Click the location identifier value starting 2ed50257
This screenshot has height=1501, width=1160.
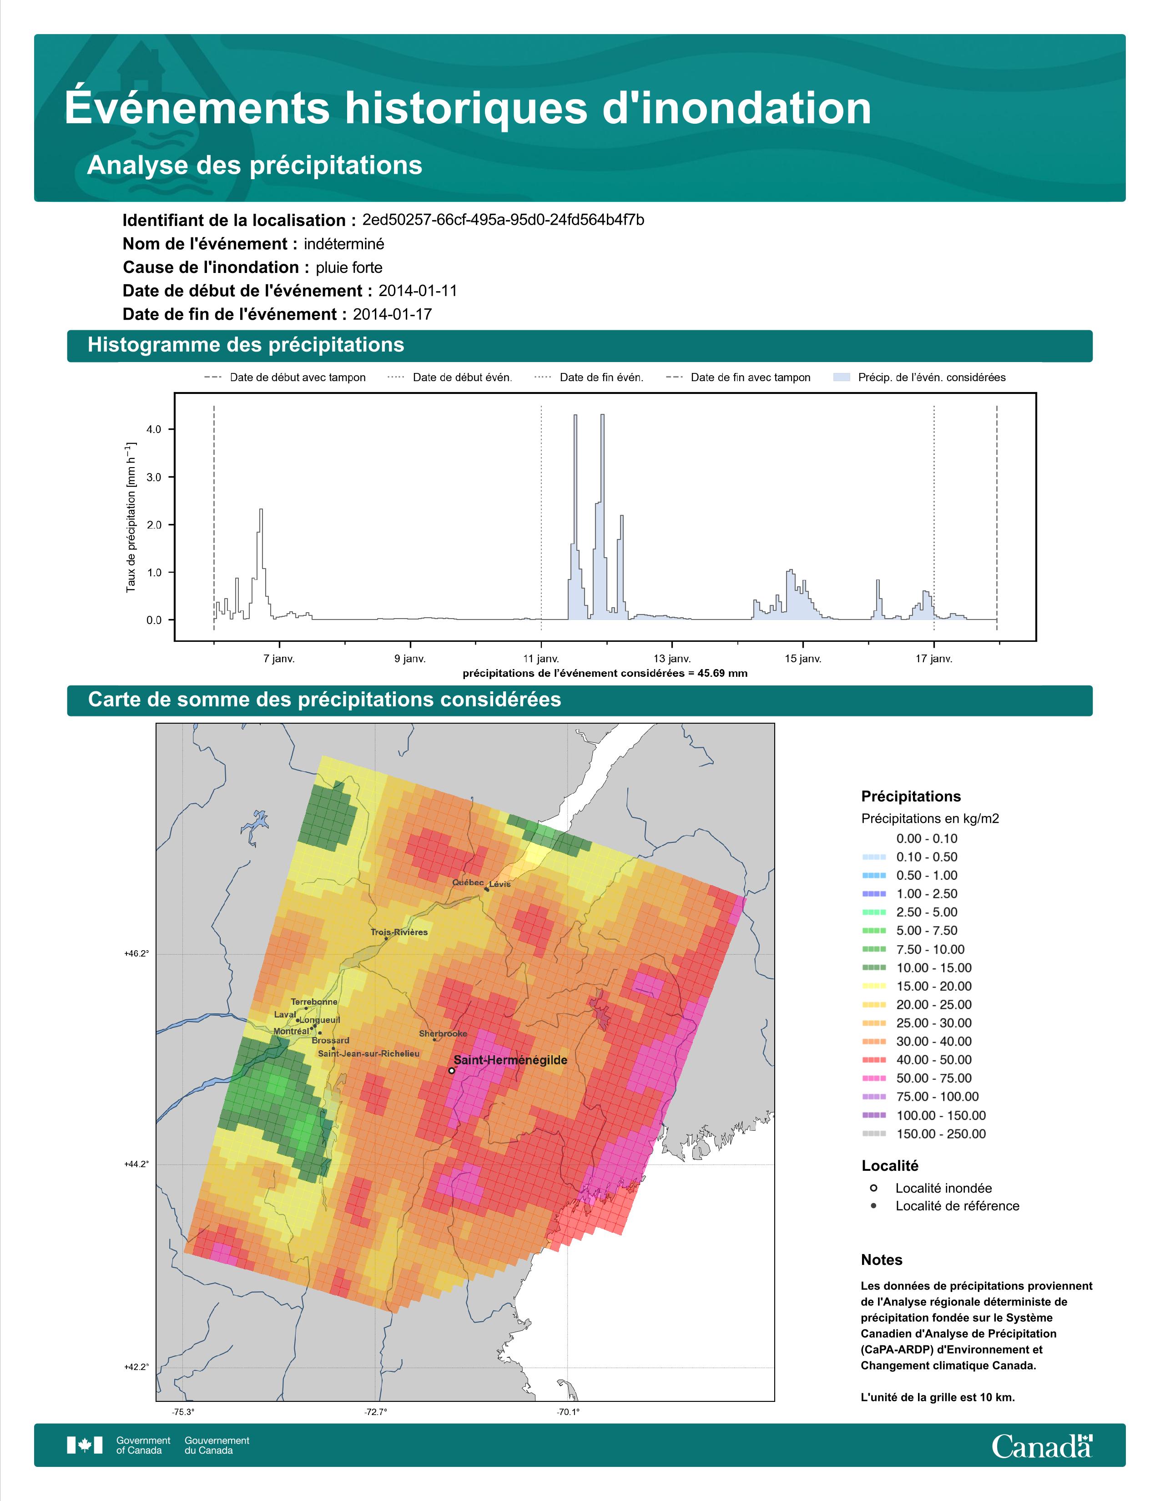pos(503,220)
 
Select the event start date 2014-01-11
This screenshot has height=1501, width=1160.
pos(418,291)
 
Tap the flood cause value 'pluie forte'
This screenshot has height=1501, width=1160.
pos(349,267)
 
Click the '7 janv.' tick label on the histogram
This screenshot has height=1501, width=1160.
pos(279,659)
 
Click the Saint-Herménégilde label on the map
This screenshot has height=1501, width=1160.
pos(510,1060)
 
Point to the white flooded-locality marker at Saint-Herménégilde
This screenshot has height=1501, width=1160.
pos(452,1070)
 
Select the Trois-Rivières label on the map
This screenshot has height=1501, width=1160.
pos(399,932)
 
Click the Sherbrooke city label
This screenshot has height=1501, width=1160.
pos(443,1034)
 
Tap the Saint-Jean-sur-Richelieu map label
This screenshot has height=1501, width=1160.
pos(368,1053)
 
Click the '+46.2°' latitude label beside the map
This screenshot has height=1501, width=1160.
pos(136,954)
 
